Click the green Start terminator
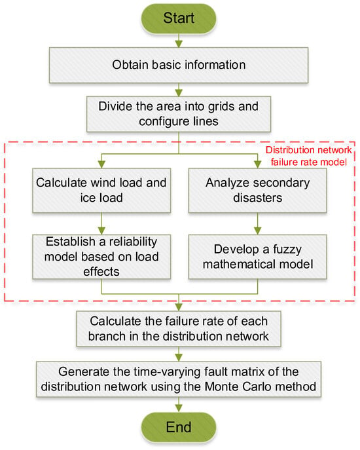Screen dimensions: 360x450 click(179, 18)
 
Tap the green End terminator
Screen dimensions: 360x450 click(179, 427)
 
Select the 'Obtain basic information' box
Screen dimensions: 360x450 click(179, 65)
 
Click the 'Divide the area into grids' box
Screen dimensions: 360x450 click(179, 114)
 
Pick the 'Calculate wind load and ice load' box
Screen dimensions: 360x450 click(101, 190)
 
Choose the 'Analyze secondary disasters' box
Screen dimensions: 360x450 click(258, 190)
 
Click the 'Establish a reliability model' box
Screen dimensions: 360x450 click(101, 257)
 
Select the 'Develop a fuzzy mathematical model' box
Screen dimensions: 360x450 click(258, 257)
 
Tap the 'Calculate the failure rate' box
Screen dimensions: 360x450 click(179, 329)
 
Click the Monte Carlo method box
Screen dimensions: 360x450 click(179, 379)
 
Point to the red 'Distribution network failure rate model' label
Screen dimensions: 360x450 click(309, 156)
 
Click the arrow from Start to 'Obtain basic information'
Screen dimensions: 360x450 click(179, 41)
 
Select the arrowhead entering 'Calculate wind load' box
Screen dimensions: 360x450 click(101, 164)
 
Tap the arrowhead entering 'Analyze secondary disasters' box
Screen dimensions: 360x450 click(258, 164)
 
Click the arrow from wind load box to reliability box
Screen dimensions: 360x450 click(101, 223)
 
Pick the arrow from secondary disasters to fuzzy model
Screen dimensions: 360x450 click(258, 223)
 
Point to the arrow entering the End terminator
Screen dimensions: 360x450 click(179, 405)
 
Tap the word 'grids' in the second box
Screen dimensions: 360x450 click(222, 107)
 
